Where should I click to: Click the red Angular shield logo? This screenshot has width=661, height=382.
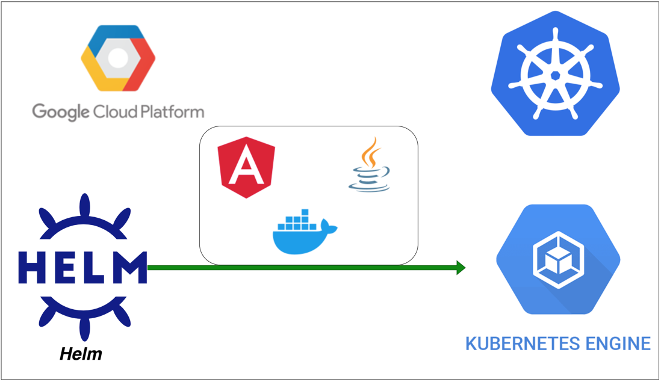tap(246, 167)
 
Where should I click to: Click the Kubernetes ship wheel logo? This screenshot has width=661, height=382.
tap(555, 75)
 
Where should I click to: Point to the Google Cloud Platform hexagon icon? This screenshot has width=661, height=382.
tap(119, 58)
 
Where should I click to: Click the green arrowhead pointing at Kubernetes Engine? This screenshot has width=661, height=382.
tap(461, 268)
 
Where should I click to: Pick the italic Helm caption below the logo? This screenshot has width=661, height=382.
tap(81, 354)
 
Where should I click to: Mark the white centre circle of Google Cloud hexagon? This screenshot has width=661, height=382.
tap(119, 58)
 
